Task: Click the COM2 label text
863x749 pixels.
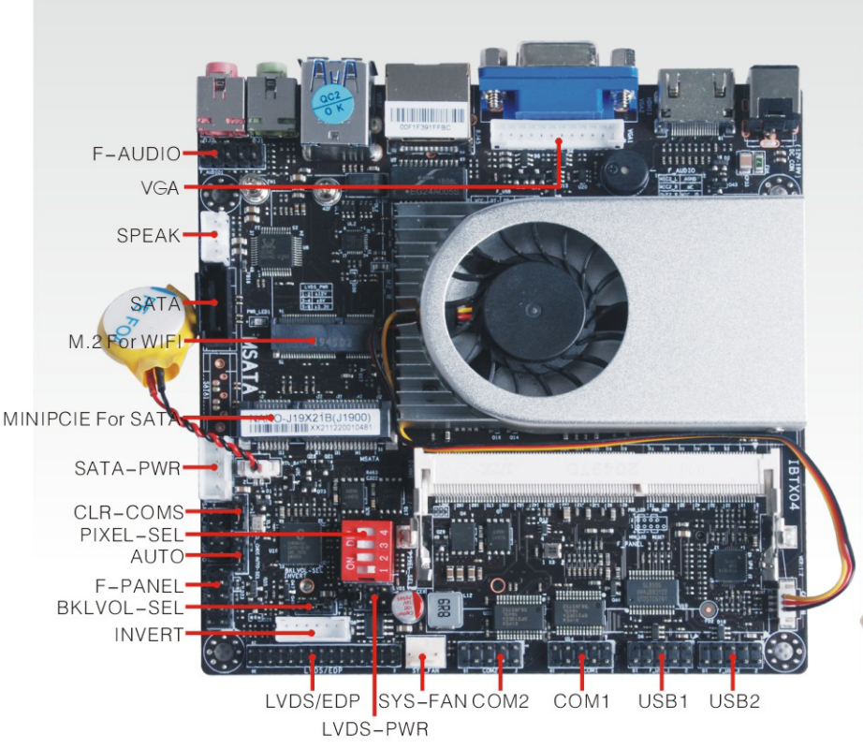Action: click(x=501, y=700)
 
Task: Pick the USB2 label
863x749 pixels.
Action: click(x=734, y=700)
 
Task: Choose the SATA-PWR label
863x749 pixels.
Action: click(x=126, y=467)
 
